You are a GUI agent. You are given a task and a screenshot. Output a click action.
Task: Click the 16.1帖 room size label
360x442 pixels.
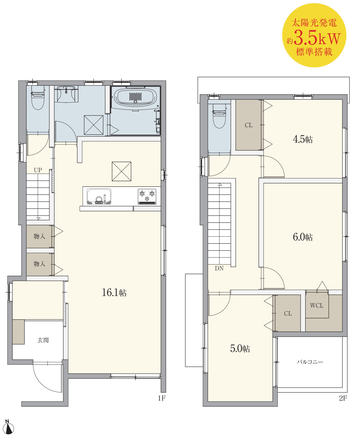click(114, 293)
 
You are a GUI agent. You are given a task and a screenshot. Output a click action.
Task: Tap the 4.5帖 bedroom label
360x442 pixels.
click(303, 139)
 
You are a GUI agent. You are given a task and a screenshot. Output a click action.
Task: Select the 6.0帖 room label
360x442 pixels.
click(303, 237)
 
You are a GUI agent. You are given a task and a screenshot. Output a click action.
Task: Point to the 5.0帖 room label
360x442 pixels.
click(240, 348)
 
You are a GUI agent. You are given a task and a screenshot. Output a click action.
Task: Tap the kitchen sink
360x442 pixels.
click(99, 196)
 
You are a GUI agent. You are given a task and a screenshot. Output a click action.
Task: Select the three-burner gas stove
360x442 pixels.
click(147, 197)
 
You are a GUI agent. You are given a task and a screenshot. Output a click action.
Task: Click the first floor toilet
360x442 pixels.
click(38, 98)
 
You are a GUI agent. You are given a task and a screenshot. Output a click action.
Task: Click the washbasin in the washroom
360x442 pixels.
click(66, 94)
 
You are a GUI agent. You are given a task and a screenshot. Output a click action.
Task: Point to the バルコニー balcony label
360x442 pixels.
click(310, 362)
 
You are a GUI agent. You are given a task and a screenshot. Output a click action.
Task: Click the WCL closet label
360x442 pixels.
click(316, 305)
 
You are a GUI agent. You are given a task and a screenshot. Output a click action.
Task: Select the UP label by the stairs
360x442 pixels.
click(38, 170)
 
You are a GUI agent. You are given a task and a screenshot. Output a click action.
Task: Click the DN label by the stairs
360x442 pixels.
click(219, 268)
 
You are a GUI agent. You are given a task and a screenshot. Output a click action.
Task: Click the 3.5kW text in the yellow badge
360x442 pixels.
click(317, 38)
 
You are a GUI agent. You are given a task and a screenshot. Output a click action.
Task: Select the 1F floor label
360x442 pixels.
click(161, 398)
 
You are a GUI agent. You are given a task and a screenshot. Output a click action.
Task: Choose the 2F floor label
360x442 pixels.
click(343, 398)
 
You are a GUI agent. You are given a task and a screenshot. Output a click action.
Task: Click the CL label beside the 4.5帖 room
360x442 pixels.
click(248, 125)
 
